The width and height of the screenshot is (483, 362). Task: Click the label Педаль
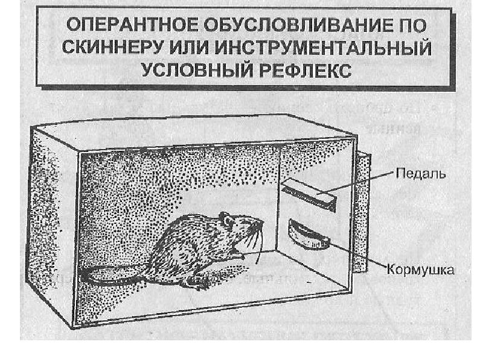(x=421, y=175)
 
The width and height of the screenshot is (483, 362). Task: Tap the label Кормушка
(x=421, y=271)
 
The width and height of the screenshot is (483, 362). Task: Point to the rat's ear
(x=225, y=218)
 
